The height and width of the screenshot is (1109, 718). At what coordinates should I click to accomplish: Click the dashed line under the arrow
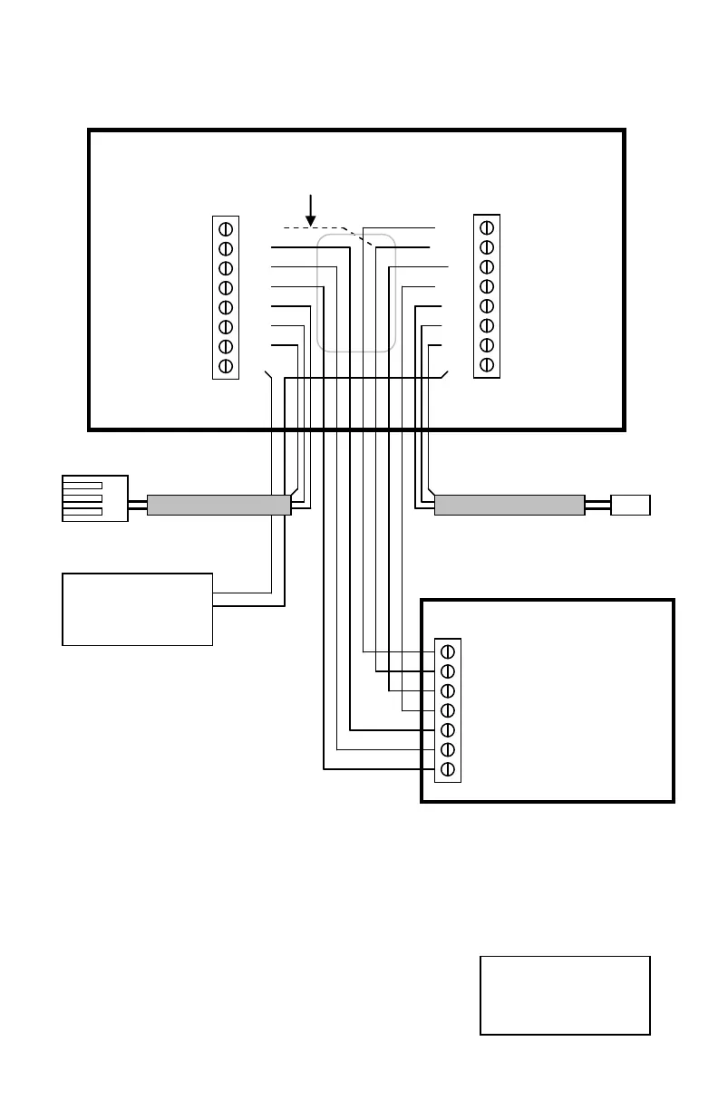pos(313,227)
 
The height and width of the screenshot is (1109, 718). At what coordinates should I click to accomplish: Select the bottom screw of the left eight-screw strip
pos(226,366)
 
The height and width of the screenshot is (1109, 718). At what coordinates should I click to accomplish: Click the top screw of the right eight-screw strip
pos(487,227)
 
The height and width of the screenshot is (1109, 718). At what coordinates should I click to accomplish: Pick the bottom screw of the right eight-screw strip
pos(487,364)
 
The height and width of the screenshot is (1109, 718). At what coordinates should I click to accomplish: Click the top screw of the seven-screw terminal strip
pos(447,651)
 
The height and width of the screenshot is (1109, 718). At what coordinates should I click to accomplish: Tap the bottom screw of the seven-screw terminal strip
pos(447,769)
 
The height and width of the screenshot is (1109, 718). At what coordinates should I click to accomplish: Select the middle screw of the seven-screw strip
pos(447,710)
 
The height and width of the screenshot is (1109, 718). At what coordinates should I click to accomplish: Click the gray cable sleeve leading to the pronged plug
pos(218,505)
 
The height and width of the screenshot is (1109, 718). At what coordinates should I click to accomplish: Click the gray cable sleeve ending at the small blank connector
pos(509,505)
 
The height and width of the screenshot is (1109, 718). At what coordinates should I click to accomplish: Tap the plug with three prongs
pos(94,498)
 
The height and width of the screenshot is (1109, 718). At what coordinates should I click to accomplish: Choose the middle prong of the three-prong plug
pos(82,498)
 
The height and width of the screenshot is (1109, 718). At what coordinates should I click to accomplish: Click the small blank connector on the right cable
pos(630,505)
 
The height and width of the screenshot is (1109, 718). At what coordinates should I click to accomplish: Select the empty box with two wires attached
pos(137,609)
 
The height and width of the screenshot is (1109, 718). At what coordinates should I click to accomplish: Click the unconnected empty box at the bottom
pos(565,995)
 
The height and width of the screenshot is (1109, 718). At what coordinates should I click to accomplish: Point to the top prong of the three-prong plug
pos(82,486)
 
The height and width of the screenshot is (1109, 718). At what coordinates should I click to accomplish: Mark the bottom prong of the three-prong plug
pos(82,511)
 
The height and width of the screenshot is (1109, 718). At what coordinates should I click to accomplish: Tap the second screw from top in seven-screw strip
pos(447,671)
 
